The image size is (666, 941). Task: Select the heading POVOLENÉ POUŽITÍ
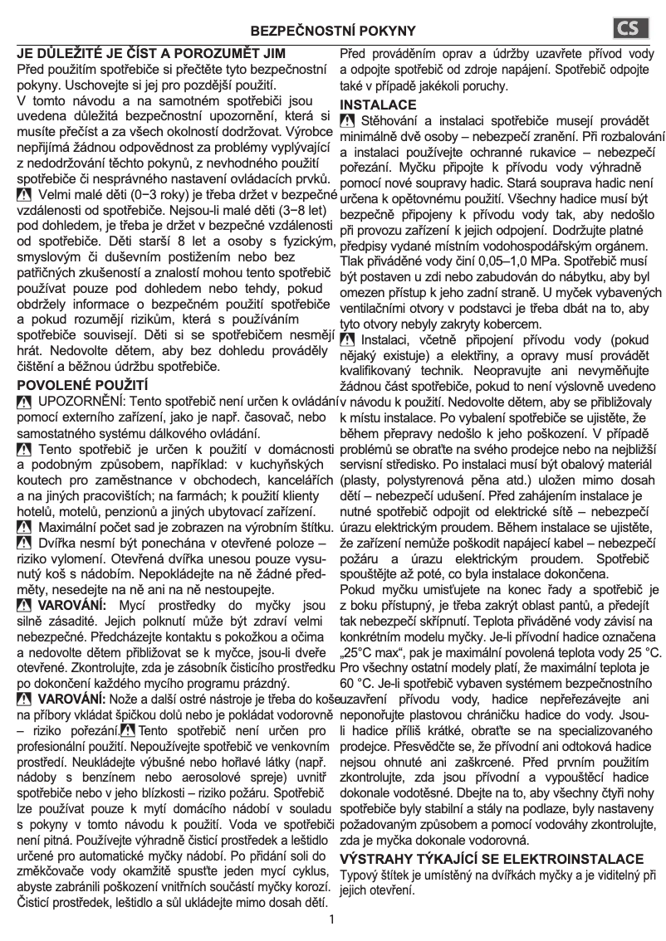[x=82, y=385]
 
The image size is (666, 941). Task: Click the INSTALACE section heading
[x=378, y=105]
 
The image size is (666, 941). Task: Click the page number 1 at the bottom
[x=332, y=919]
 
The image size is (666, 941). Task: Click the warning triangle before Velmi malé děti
[x=24, y=195]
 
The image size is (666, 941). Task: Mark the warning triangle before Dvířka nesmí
[x=24, y=543]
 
